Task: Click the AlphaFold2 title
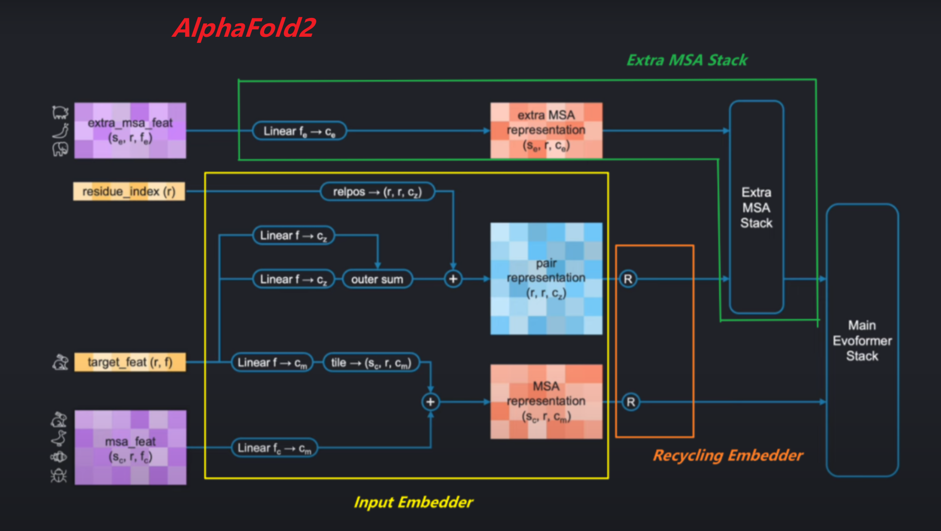[x=244, y=28]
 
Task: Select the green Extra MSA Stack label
[x=686, y=60]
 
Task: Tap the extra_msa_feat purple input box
[x=130, y=130]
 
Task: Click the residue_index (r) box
[x=129, y=192]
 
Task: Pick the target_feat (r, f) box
[x=130, y=362]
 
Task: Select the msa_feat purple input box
[x=130, y=447]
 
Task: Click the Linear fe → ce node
[x=299, y=131]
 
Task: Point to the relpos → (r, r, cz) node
[x=377, y=192]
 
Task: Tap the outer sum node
[x=377, y=279]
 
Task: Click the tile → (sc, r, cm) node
[x=371, y=363]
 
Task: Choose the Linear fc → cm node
[x=274, y=448]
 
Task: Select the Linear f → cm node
[x=272, y=363]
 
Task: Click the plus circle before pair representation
[x=453, y=279]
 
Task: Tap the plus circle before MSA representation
[x=431, y=402]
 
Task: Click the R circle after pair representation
[x=628, y=279]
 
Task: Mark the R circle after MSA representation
[x=631, y=402]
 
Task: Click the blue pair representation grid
[x=546, y=279]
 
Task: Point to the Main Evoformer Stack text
[x=862, y=341]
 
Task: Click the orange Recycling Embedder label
[x=728, y=455]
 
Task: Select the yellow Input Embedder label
[x=413, y=502]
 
